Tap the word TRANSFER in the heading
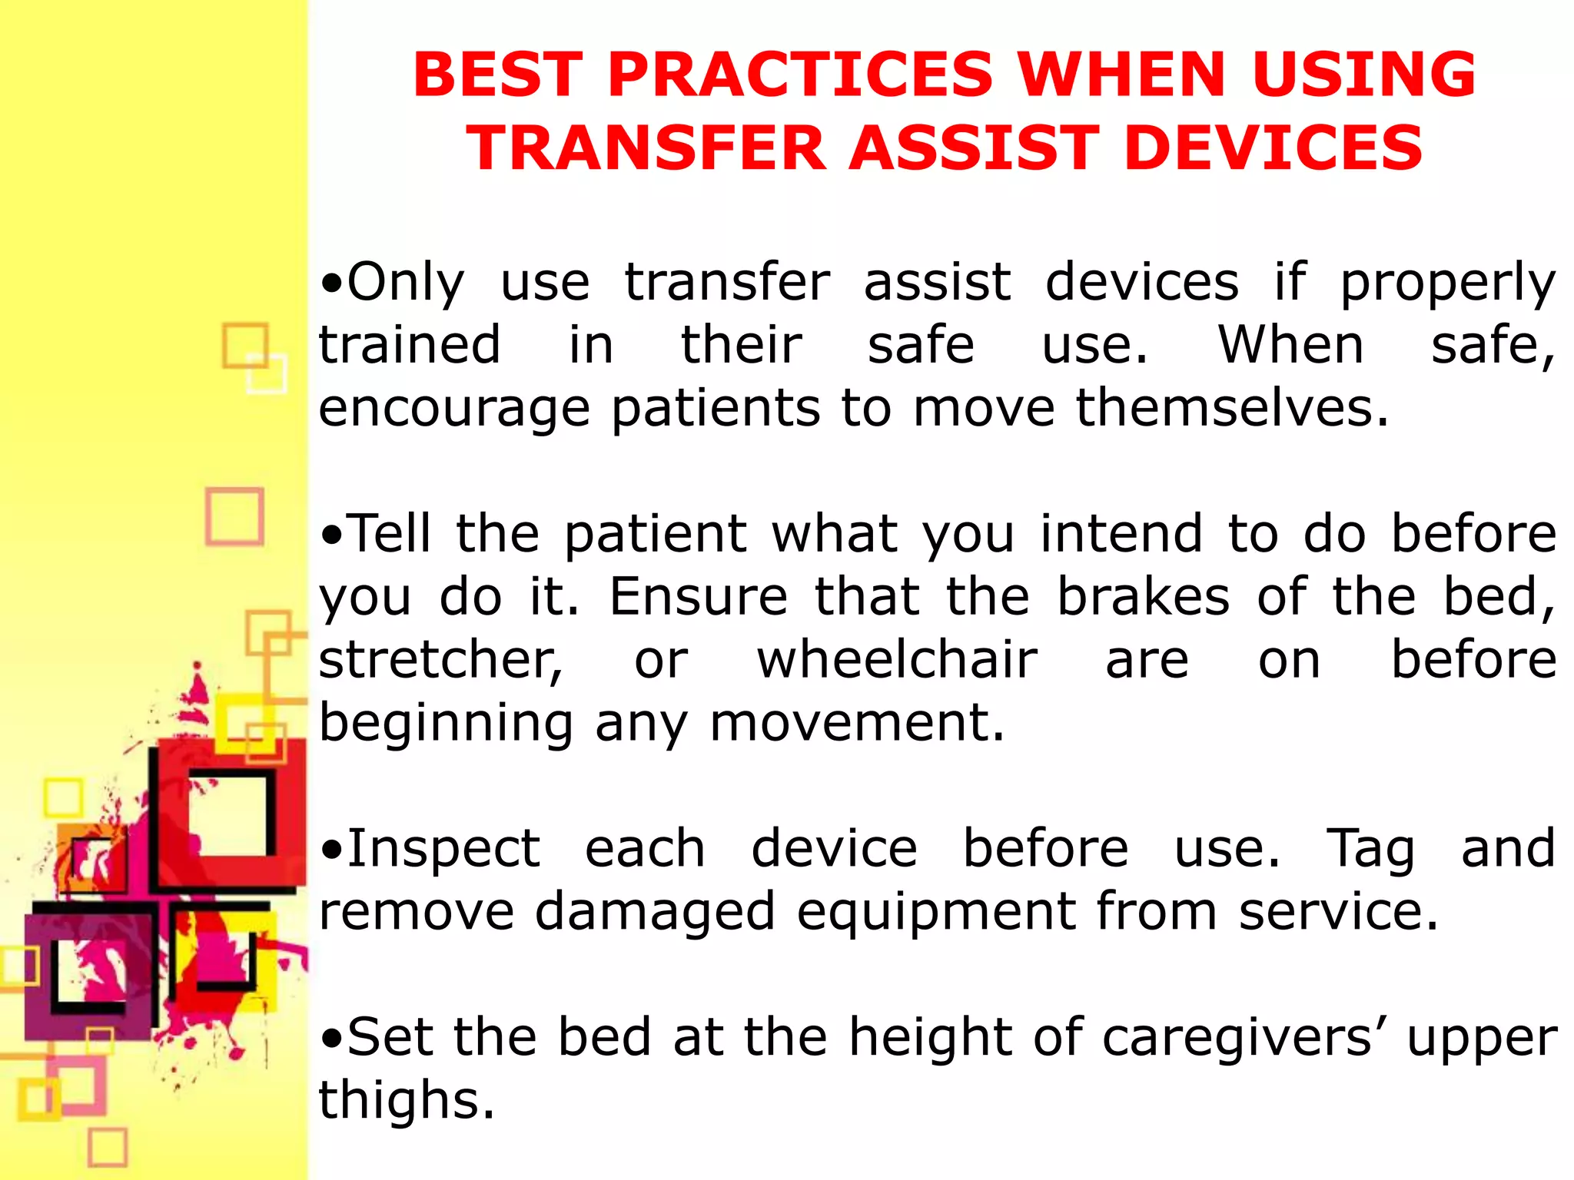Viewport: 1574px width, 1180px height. point(646,148)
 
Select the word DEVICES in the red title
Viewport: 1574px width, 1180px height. point(1273,148)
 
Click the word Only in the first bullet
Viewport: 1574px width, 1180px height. point(406,282)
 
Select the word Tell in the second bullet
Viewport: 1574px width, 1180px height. point(389,533)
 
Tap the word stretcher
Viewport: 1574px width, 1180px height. point(440,661)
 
